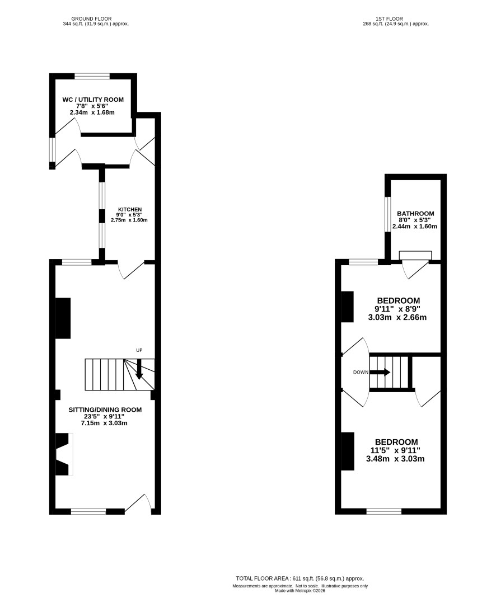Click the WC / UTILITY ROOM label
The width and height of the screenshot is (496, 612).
point(93,100)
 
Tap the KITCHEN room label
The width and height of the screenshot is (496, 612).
point(130,210)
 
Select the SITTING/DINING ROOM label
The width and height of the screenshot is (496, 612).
point(105,410)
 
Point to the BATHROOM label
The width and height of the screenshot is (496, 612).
point(415,214)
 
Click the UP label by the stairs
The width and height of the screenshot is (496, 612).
point(139,350)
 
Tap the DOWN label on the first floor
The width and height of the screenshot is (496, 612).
point(361,373)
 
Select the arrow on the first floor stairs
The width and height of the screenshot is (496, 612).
point(380,373)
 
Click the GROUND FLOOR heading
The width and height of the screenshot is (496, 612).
point(91,18)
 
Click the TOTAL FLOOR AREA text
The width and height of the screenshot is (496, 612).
point(300,578)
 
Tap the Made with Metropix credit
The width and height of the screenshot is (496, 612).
point(300,591)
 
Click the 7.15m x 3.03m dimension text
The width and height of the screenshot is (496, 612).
point(104,423)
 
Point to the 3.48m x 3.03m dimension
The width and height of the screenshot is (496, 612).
point(395,459)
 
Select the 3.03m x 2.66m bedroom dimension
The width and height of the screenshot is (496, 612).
point(397,317)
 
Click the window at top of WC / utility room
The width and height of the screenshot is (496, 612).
point(92,76)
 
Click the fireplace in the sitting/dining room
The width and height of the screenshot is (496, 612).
point(64,454)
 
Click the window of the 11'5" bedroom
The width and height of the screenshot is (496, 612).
point(384,511)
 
